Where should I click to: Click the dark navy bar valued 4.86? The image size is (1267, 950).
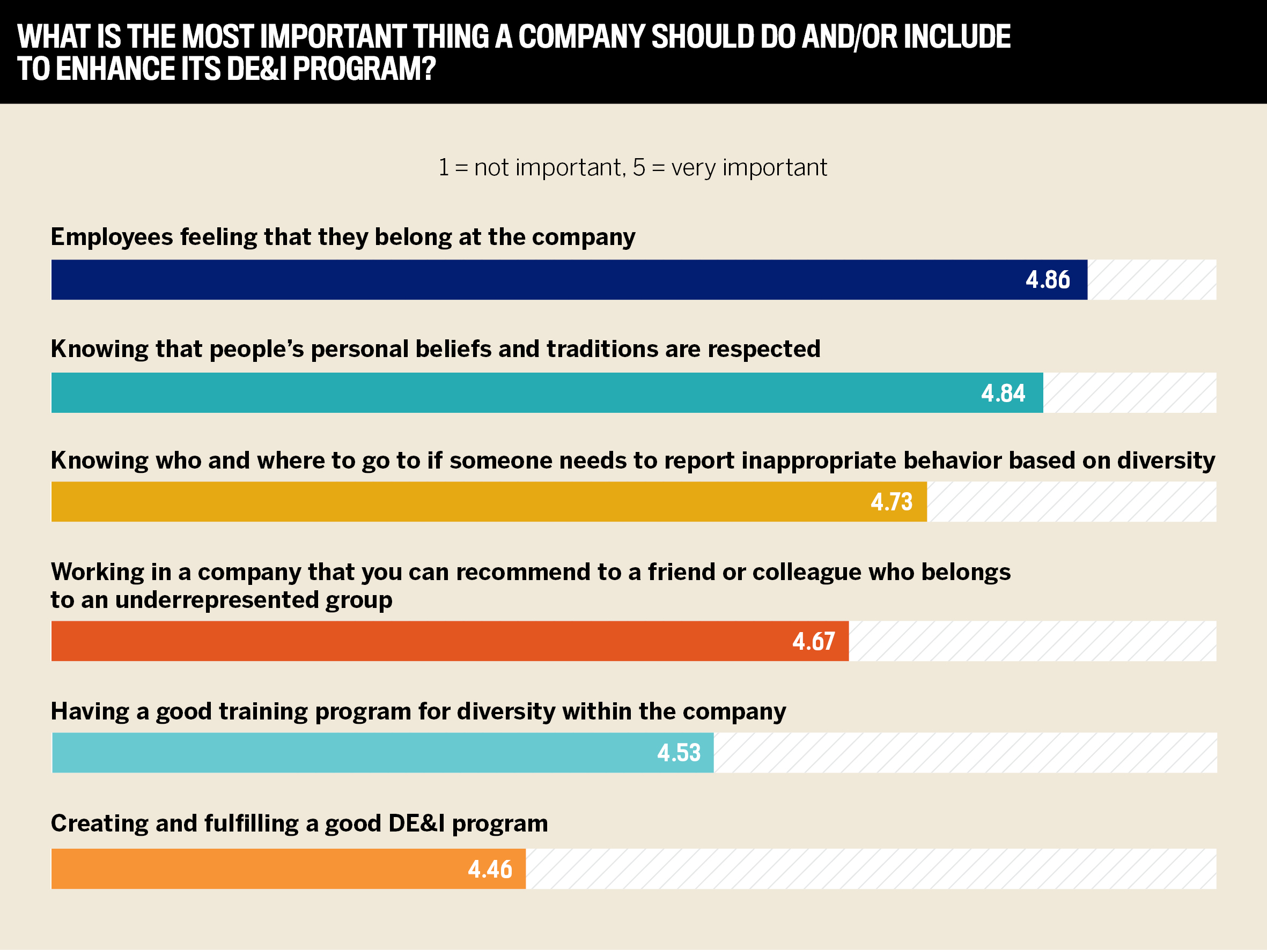coord(515,279)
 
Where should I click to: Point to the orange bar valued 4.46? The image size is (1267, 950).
coord(258,869)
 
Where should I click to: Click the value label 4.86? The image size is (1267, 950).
coord(1048,279)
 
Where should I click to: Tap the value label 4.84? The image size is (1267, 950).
coord(1003,393)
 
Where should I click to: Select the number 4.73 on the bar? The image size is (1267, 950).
coord(892,502)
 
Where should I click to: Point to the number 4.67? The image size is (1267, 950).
coord(813,641)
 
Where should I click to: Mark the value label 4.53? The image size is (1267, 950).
coord(679,753)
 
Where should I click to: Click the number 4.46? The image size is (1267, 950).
coord(490,869)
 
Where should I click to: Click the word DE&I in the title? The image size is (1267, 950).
coord(256,69)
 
